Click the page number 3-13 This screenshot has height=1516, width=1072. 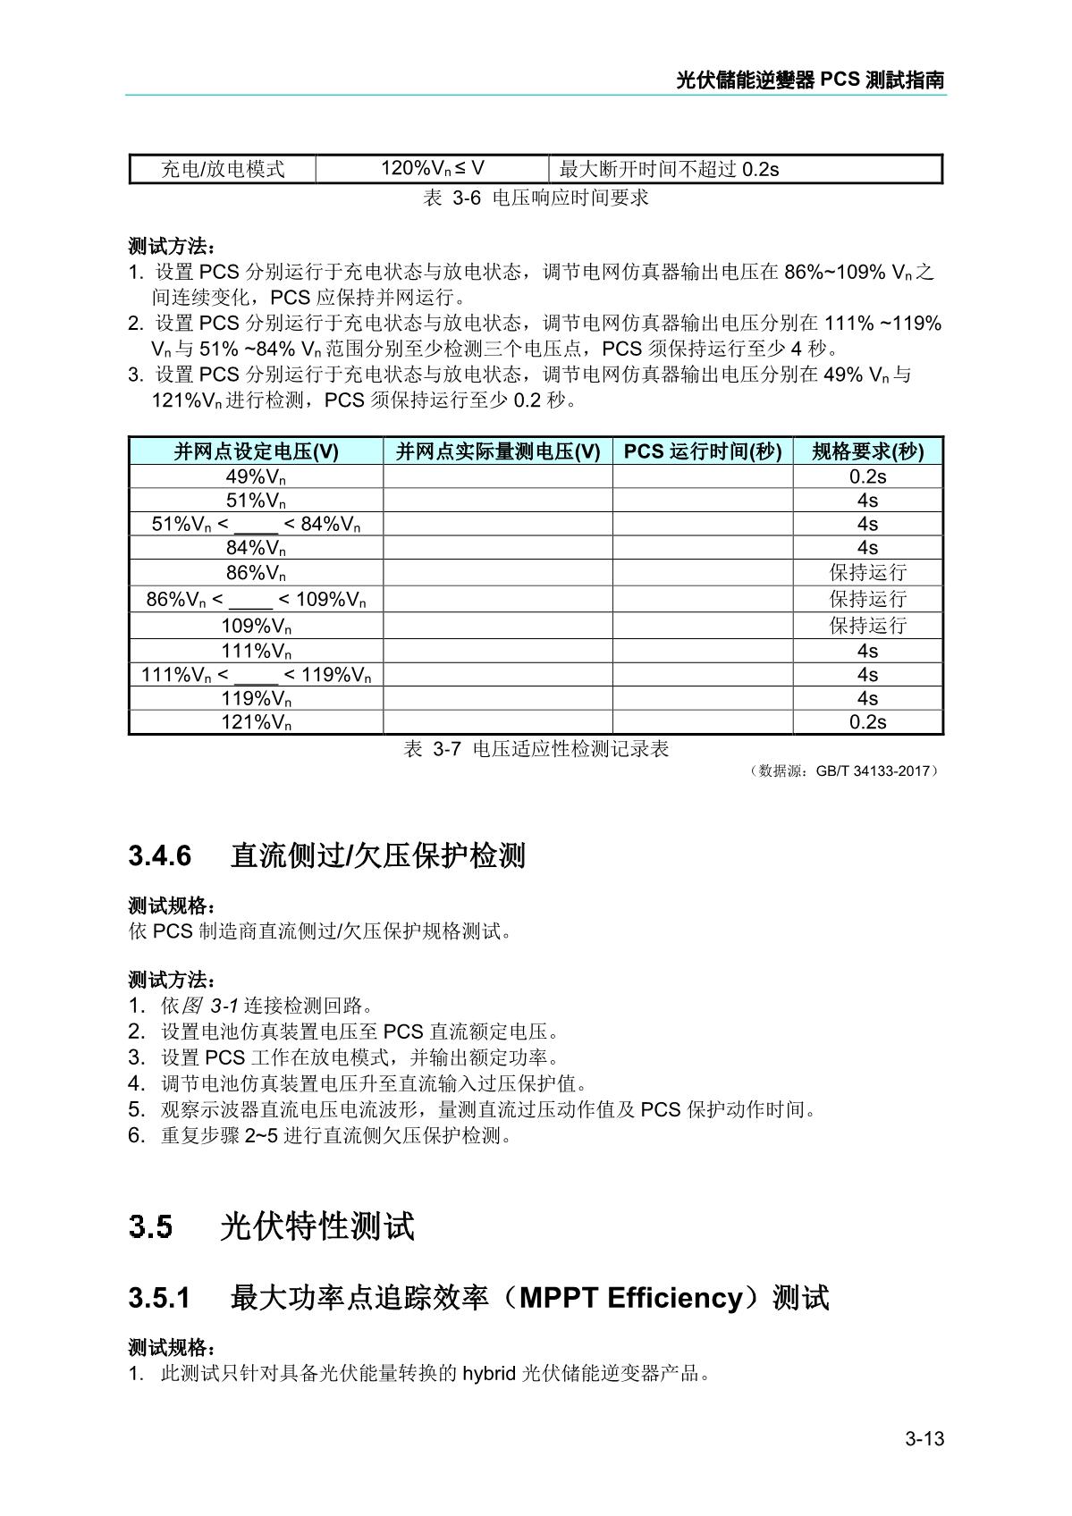(924, 1438)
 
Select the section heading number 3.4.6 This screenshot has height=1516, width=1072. (160, 855)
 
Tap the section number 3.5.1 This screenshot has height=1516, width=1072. (160, 1297)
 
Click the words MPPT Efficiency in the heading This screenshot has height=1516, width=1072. (631, 1297)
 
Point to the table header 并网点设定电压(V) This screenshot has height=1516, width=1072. (256, 451)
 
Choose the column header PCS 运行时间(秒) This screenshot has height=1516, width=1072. (703, 451)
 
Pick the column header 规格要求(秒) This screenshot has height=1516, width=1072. (867, 451)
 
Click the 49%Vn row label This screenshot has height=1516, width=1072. (256, 476)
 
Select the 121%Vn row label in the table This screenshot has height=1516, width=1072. (256, 722)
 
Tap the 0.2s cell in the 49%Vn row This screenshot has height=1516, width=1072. (867, 476)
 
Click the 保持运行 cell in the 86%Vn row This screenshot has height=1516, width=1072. (867, 572)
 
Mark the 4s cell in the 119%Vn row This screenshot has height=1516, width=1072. (867, 698)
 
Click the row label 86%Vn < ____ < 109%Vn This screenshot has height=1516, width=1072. (256, 599)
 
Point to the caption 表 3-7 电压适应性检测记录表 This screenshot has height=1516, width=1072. (536, 749)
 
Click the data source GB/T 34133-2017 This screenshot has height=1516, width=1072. (874, 771)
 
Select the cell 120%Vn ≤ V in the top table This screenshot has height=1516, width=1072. (433, 168)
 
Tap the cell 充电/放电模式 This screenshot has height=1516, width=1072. (223, 169)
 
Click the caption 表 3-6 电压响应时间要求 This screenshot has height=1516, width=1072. (536, 198)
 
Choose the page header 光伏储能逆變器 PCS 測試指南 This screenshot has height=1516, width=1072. (810, 80)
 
